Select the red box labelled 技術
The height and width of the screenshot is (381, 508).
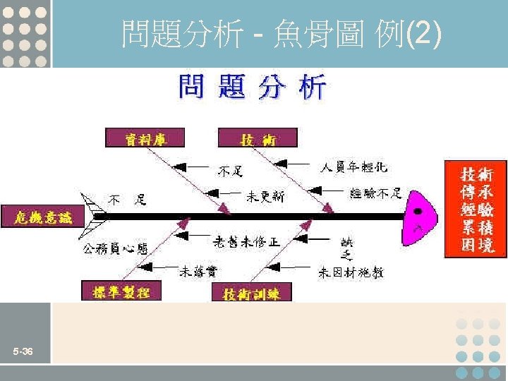(258, 138)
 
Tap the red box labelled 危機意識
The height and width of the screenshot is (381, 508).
(42, 217)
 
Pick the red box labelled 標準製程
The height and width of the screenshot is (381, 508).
(121, 291)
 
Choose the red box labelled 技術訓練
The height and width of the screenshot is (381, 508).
(251, 293)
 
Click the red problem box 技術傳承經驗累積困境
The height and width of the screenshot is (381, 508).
(476, 209)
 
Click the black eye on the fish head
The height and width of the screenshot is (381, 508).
(418, 211)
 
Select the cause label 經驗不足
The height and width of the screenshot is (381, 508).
(375, 193)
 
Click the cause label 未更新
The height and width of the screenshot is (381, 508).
(265, 196)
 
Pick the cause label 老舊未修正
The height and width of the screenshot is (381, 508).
(246, 241)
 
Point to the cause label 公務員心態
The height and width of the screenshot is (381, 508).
(116, 248)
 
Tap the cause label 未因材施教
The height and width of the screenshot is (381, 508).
(351, 271)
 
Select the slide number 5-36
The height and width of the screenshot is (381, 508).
(22, 351)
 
